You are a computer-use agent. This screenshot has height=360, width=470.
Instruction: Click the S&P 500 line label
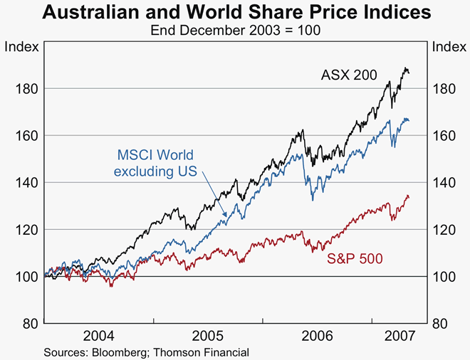click(x=355, y=260)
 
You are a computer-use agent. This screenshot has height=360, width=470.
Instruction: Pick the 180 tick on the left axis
click(x=26, y=88)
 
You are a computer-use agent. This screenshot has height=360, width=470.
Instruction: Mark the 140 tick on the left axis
click(x=26, y=182)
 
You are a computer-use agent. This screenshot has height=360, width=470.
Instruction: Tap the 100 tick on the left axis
click(x=26, y=276)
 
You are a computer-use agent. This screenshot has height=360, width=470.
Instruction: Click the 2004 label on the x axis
click(x=99, y=336)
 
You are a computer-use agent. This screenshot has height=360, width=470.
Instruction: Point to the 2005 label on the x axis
click(x=207, y=336)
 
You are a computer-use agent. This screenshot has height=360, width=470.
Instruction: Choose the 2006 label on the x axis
click(x=317, y=336)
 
